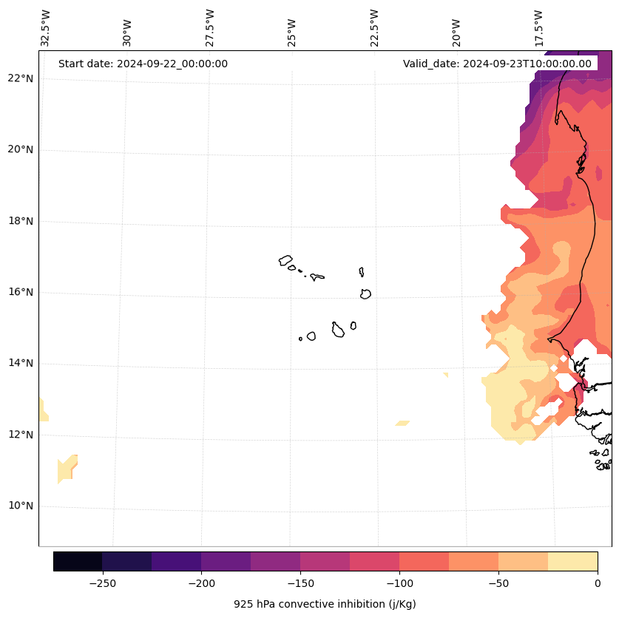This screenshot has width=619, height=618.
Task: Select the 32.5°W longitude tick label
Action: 46,28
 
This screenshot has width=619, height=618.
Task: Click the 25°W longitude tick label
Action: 293,28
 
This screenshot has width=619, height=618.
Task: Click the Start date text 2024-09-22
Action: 143,64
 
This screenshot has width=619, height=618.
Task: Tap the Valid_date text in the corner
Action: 497,64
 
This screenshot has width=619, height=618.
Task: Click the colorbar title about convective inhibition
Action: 325,605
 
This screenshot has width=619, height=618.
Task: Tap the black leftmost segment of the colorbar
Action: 78,562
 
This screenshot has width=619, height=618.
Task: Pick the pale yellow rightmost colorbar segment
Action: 572,562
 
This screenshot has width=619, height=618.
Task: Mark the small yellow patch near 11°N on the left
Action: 67,469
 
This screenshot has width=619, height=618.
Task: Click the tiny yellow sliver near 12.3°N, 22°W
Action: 402,424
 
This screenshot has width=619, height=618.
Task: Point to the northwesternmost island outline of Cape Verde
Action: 285,260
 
